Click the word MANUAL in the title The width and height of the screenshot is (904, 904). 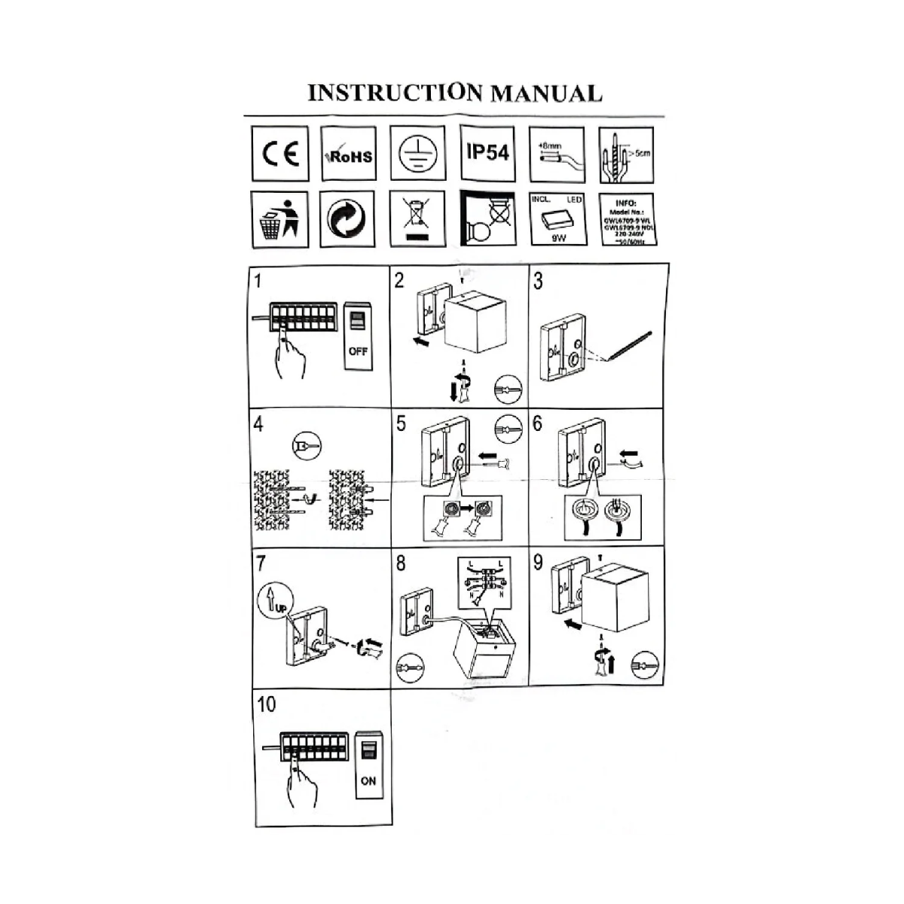[x=546, y=93]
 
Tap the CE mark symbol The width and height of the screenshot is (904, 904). [x=280, y=154]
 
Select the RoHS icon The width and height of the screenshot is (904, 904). [x=349, y=154]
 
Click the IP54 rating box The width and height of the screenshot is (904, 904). [x=487, y=153]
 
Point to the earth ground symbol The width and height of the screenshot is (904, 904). [x=417, y=154]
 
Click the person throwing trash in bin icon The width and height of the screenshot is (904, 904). [x=280, y=219]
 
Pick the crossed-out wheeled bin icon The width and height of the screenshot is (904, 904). [x=417, y=219]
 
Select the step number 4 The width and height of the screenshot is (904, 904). [x=258, y=424]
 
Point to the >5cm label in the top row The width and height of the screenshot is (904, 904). [x=640, y=154]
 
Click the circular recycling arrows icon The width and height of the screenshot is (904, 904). [x=348, y=219]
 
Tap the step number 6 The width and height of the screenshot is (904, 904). [x=537, y=423]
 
